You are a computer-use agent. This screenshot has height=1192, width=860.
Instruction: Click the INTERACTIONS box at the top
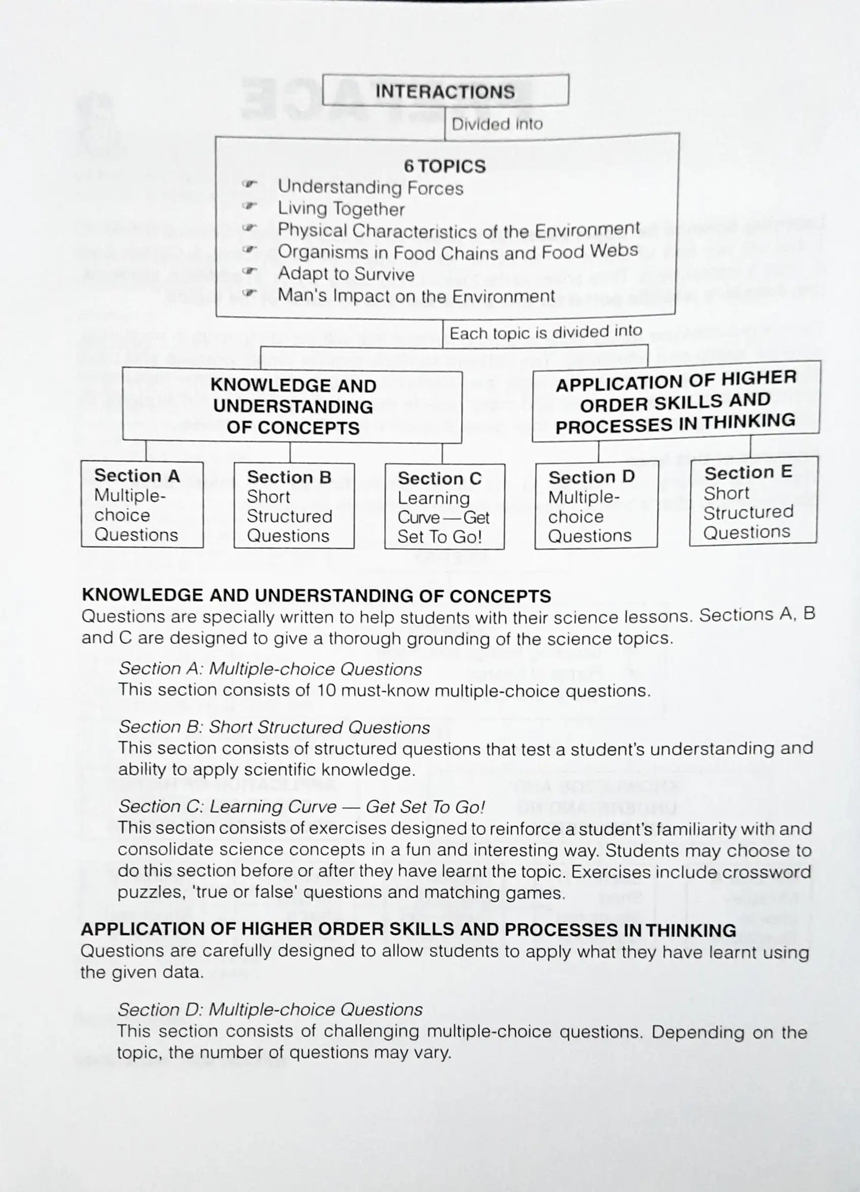click(x=445, y=91)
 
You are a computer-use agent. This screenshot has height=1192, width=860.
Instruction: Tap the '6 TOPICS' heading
click(x=445, y=166)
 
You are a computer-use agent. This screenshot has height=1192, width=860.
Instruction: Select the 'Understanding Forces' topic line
click(x=370, y=188)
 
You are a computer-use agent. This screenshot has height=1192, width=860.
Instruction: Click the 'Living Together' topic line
click(x=341, y=209)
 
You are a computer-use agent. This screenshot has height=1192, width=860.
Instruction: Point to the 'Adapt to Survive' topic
click(x=346, y=274)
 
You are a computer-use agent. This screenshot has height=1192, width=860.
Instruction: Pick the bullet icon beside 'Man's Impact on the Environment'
click(x=251, y=294)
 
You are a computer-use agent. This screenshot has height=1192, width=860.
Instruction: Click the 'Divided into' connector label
click(x=497, y=124)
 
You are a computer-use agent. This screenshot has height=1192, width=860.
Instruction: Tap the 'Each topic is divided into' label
click(x=546, y=332)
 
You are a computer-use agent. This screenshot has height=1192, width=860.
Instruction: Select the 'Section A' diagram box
click(x=142, y=504)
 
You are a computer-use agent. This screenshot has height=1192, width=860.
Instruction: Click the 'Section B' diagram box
click(x=293, y=506)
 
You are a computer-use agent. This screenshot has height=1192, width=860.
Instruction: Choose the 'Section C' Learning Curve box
click(x=444, y=507)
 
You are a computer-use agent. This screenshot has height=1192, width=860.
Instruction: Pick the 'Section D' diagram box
click(x=596, y=506)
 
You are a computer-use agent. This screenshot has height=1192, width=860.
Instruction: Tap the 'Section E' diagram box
click(x=752, y=501)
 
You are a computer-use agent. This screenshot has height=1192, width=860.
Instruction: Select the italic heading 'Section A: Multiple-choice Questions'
click(x=270, y=669)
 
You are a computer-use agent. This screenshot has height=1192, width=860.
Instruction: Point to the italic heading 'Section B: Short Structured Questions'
click(x=274, y=727)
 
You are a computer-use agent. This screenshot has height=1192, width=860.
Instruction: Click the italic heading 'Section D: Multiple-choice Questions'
click(x=270, y=1009)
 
